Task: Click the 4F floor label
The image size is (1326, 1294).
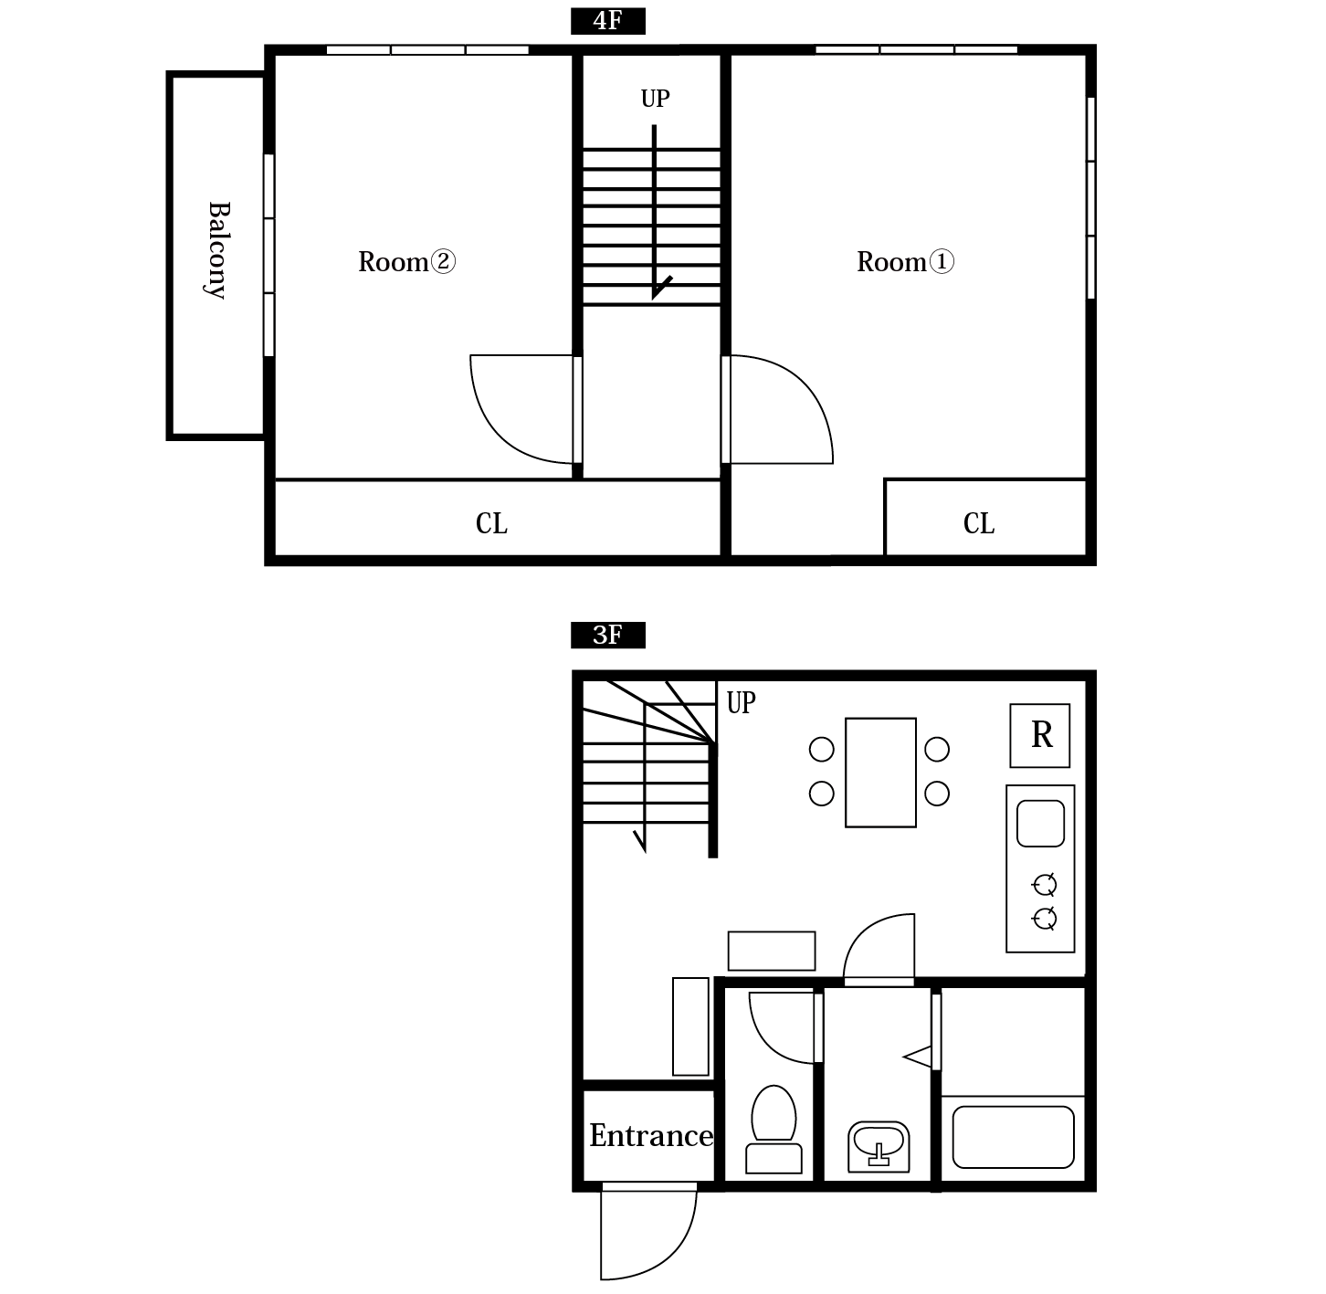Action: pyautogui.click(x=607, y=21)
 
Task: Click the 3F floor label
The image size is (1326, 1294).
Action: pyautogui.click(x=607, y=635)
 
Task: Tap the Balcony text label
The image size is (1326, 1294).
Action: pyautogui.click(x=218, y=250)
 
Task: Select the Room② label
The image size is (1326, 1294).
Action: pyautogui.click(x=406, y=262)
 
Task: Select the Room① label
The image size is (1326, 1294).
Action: pyautogui.click(x=905, y=262)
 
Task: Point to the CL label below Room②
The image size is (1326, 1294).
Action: pyautogui.click(x=491, y=523)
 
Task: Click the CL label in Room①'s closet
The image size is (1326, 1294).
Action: pyautogui.click(x=978, y=523)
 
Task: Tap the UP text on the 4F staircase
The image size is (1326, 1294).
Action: pyautogui.click(x=655, y=99)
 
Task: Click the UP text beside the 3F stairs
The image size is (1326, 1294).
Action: pyautogui.click(x=742, y=702)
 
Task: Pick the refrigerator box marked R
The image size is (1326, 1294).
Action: pyautogui.click(x=1040, y=735)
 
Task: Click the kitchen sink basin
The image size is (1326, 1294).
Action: pyautogui.click(x=1040, y=824)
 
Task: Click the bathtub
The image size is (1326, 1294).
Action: pyautogui.click(x=1014, y=1137)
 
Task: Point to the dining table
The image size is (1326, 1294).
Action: pyautogui.click(x=880, y=772)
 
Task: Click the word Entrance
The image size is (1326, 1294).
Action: pyautogui.click(x=651, y=1135)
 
